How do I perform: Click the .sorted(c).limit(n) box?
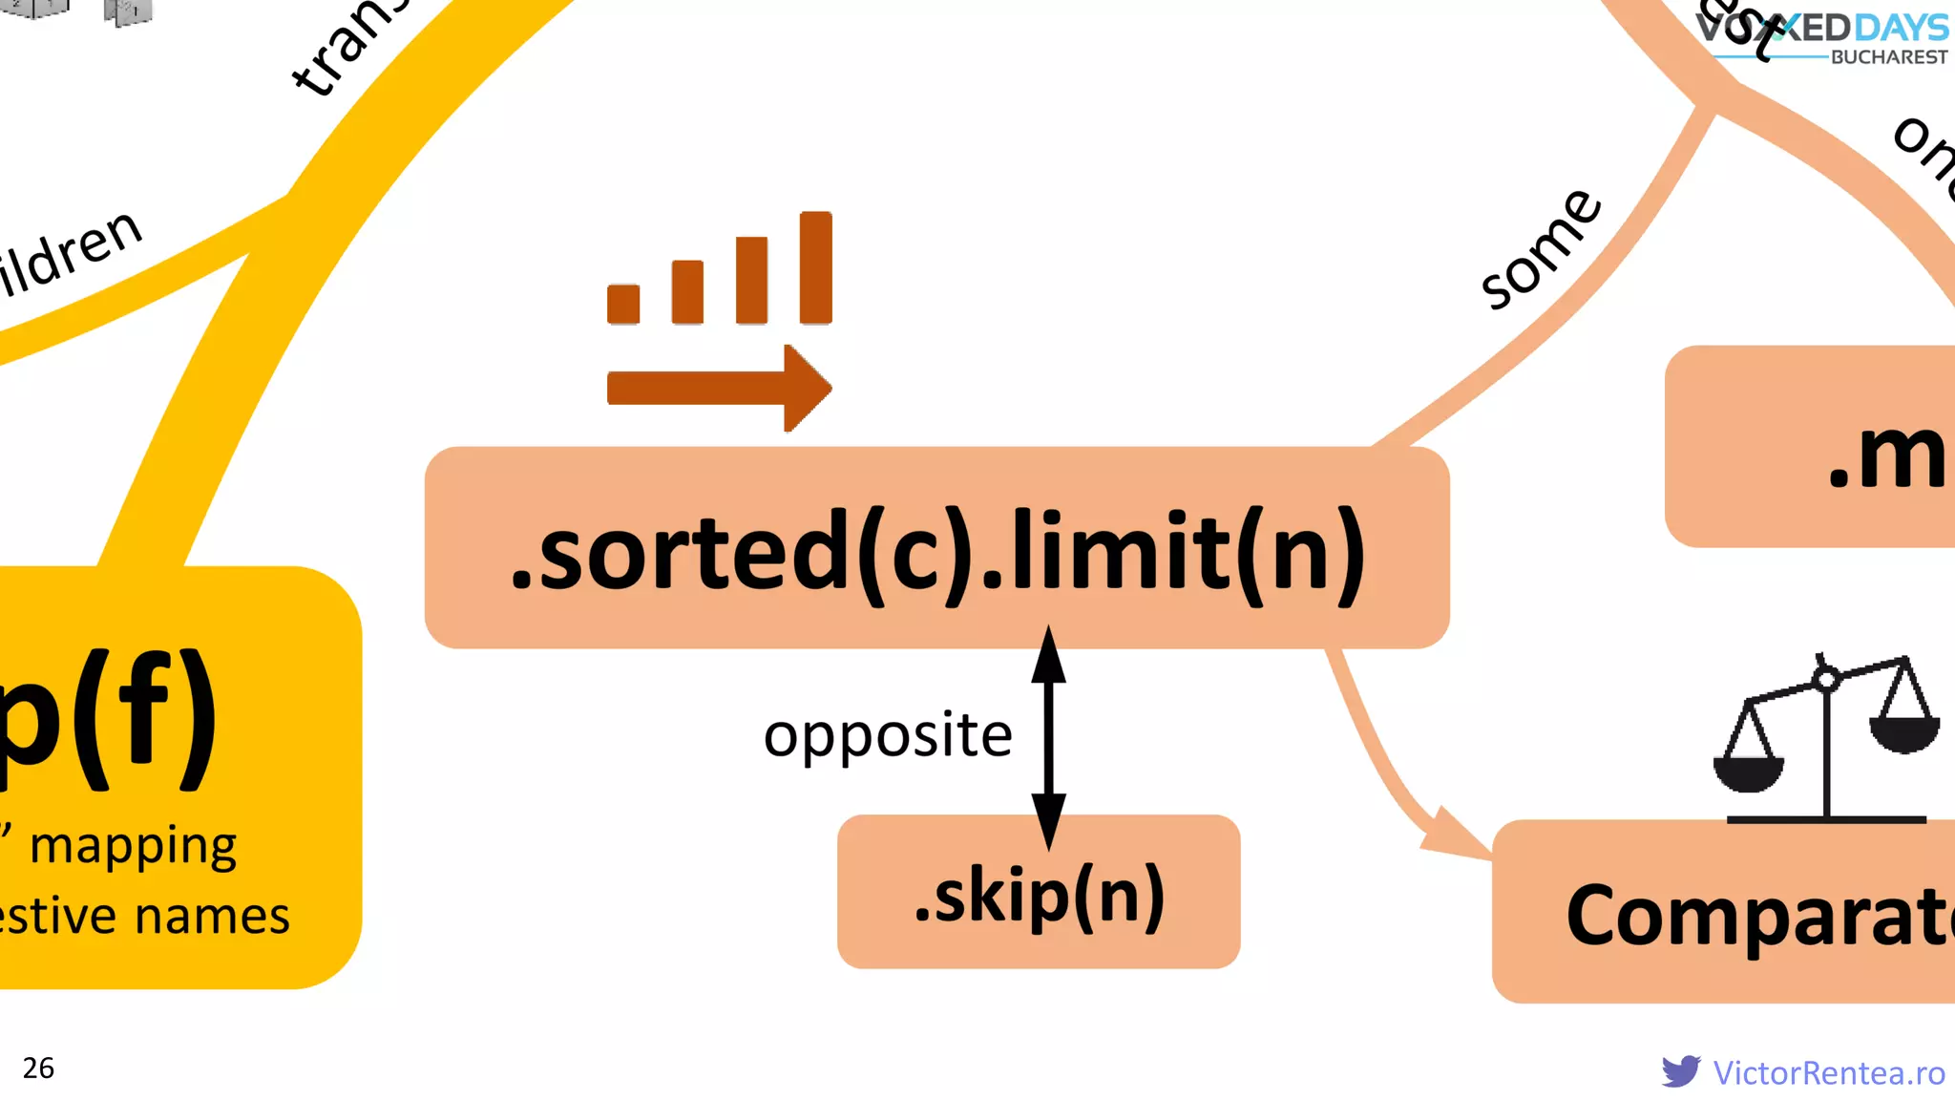pyautogui.click(x=936, y=548)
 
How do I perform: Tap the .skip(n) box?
pyautogui.click(x=1039, y=892)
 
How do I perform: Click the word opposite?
pyautogui.click(x=888, y=735)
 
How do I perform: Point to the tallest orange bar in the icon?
pyautogui.click(x=815, y=267)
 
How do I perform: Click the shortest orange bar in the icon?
pyautogui.click(x=623, y=304)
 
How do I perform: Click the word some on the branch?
pyautogui.click(x=1541, y=250)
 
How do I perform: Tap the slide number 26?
pyautogui.click(x=38, y=1068)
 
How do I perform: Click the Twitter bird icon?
pyautogui.click(x=1680, y=1071)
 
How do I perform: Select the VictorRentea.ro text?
pyautogui.click(x=1828, y=1072)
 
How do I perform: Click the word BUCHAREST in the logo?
pyautogui.click(x=1888, y=57)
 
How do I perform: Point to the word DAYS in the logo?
pyautogui.click(x=1901, y=28)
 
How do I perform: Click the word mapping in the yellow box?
pyautogui.click(x=133, y=846)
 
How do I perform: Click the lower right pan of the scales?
pyautogui.click(x=1904, y=733)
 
